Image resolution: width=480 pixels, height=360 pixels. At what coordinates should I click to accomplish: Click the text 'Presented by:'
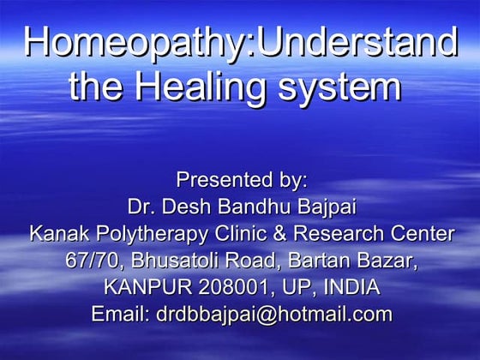tap(241, 181)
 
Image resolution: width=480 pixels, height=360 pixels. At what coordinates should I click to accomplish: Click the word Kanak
tap(57, 233)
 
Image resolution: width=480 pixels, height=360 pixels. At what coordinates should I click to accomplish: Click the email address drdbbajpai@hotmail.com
tap(274, 314)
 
